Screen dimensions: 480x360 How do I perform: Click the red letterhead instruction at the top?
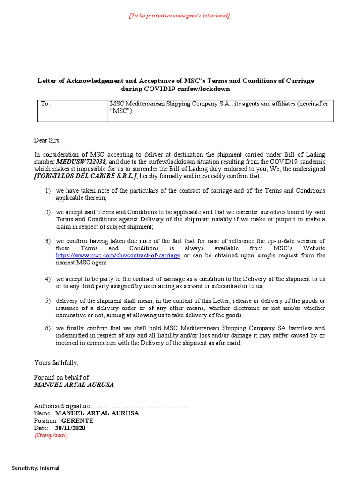(180, 15)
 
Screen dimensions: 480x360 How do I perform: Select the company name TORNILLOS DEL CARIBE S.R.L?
(86, 175)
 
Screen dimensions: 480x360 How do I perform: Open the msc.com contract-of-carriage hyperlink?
(118, 255)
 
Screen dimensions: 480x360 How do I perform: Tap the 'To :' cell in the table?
(46, 104)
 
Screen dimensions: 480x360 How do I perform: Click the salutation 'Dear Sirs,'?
(47, 140)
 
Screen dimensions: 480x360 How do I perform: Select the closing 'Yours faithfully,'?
(56, 363)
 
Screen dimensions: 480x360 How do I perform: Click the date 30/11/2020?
(70, 428)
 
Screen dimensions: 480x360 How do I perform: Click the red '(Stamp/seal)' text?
(51, 435)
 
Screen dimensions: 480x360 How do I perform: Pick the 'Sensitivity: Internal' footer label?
(36, 468)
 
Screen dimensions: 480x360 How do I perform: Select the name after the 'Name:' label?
(97, 413)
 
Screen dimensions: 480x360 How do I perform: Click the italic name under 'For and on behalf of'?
(74, 384)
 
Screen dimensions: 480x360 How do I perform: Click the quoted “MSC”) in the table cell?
(121, 111)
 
